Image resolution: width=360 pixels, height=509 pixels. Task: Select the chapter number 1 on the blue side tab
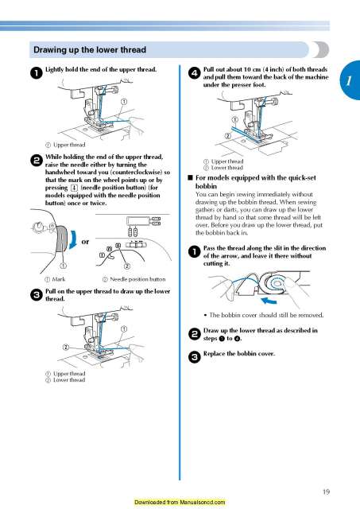click(x=348, y=82)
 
